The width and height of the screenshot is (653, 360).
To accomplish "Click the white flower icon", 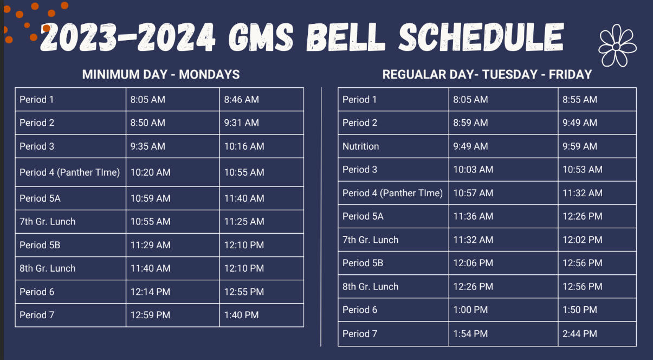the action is [617, 46].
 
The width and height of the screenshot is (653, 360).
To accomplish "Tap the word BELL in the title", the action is [345, 37].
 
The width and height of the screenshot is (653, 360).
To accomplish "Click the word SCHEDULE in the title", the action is [481, 37].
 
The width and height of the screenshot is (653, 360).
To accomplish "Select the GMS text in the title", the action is [261, 37].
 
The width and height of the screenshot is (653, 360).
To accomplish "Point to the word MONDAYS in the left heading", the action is [209, 74].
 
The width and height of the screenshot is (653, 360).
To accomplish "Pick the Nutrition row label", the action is [360, 146].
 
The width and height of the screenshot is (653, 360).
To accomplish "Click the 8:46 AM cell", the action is [241, 99].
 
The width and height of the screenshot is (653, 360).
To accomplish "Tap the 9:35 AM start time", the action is [147, 146].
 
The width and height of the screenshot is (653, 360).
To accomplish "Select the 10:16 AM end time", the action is [244, 146].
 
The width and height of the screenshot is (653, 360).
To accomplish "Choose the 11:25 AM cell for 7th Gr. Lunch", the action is [244, 221].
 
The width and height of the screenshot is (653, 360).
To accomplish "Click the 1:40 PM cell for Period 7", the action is [241, 315].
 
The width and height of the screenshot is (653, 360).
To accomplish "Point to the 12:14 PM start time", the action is [150, 292].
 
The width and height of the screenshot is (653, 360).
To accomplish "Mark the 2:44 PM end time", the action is [580, 334].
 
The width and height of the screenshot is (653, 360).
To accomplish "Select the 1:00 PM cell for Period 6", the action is [470, 310].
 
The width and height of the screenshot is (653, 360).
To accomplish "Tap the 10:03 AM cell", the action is [473, 170].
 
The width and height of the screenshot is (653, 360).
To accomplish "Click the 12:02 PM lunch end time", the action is [583, 240].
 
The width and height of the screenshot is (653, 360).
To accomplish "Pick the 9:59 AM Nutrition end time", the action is [580, 146].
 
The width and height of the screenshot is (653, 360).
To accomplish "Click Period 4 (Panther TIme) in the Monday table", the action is [70, 172].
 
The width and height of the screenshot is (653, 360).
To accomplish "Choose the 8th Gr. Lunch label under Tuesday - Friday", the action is [370, 286].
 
